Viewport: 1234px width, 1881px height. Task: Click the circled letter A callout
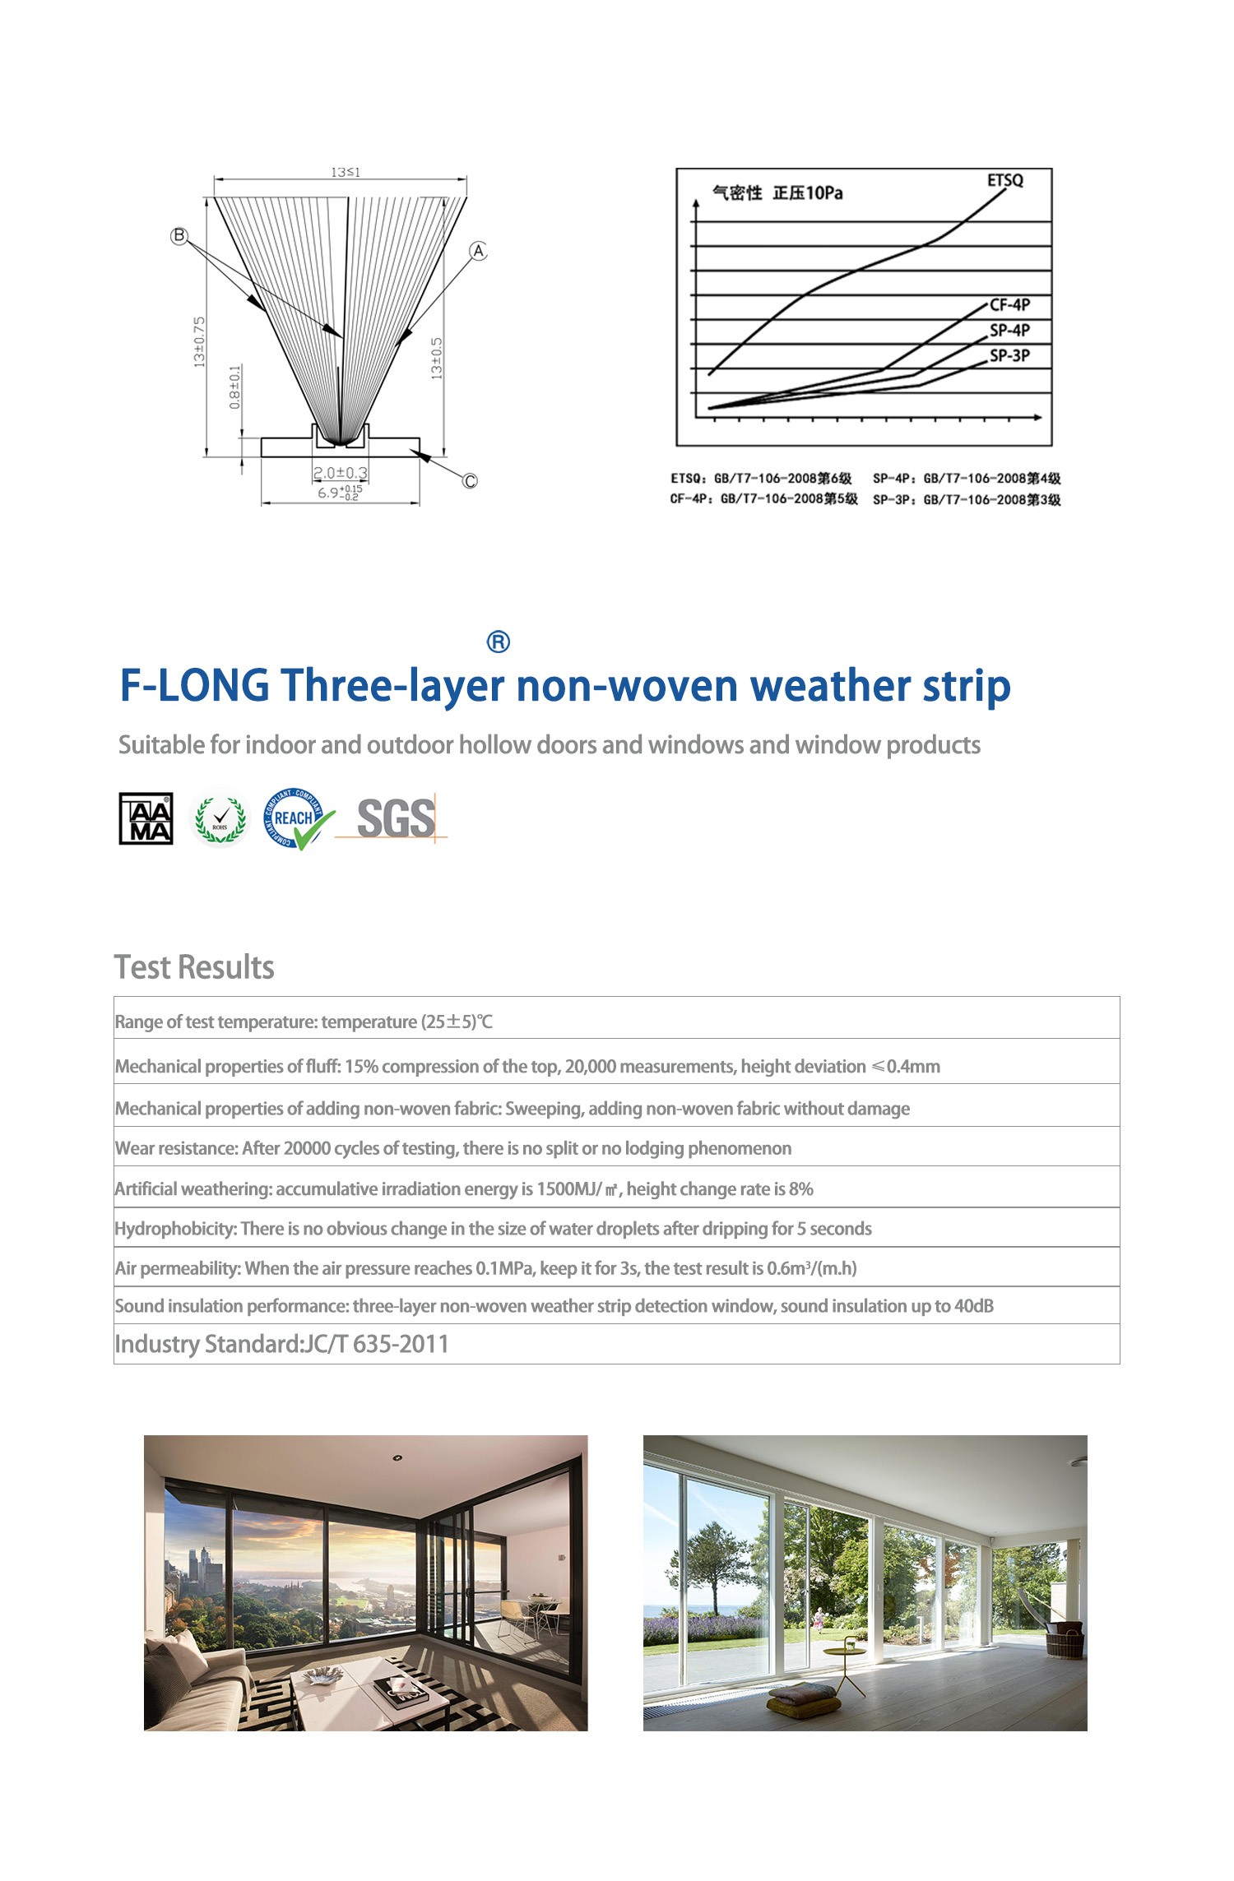478,251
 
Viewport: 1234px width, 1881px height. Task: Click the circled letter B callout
179,236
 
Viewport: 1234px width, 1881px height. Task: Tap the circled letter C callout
470,481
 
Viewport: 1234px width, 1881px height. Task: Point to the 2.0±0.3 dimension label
341,473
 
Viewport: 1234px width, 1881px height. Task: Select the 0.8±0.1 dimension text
235,387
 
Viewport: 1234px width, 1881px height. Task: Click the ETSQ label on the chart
1005,180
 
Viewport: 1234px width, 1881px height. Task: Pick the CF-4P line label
1009,305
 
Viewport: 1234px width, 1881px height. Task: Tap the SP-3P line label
1009,356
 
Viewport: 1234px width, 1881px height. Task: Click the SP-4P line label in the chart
1009,331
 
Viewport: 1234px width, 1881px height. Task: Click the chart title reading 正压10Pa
807,193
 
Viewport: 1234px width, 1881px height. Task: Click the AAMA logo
146,818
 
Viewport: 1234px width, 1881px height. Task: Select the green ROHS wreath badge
220,819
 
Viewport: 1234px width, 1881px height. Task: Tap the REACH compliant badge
297,818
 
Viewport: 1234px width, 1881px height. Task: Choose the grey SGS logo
396,818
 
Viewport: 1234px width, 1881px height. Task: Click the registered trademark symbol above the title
499,642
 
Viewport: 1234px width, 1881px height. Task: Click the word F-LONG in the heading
194,686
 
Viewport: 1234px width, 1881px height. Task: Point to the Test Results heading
194,967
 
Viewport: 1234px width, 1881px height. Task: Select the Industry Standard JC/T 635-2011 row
281,1344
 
